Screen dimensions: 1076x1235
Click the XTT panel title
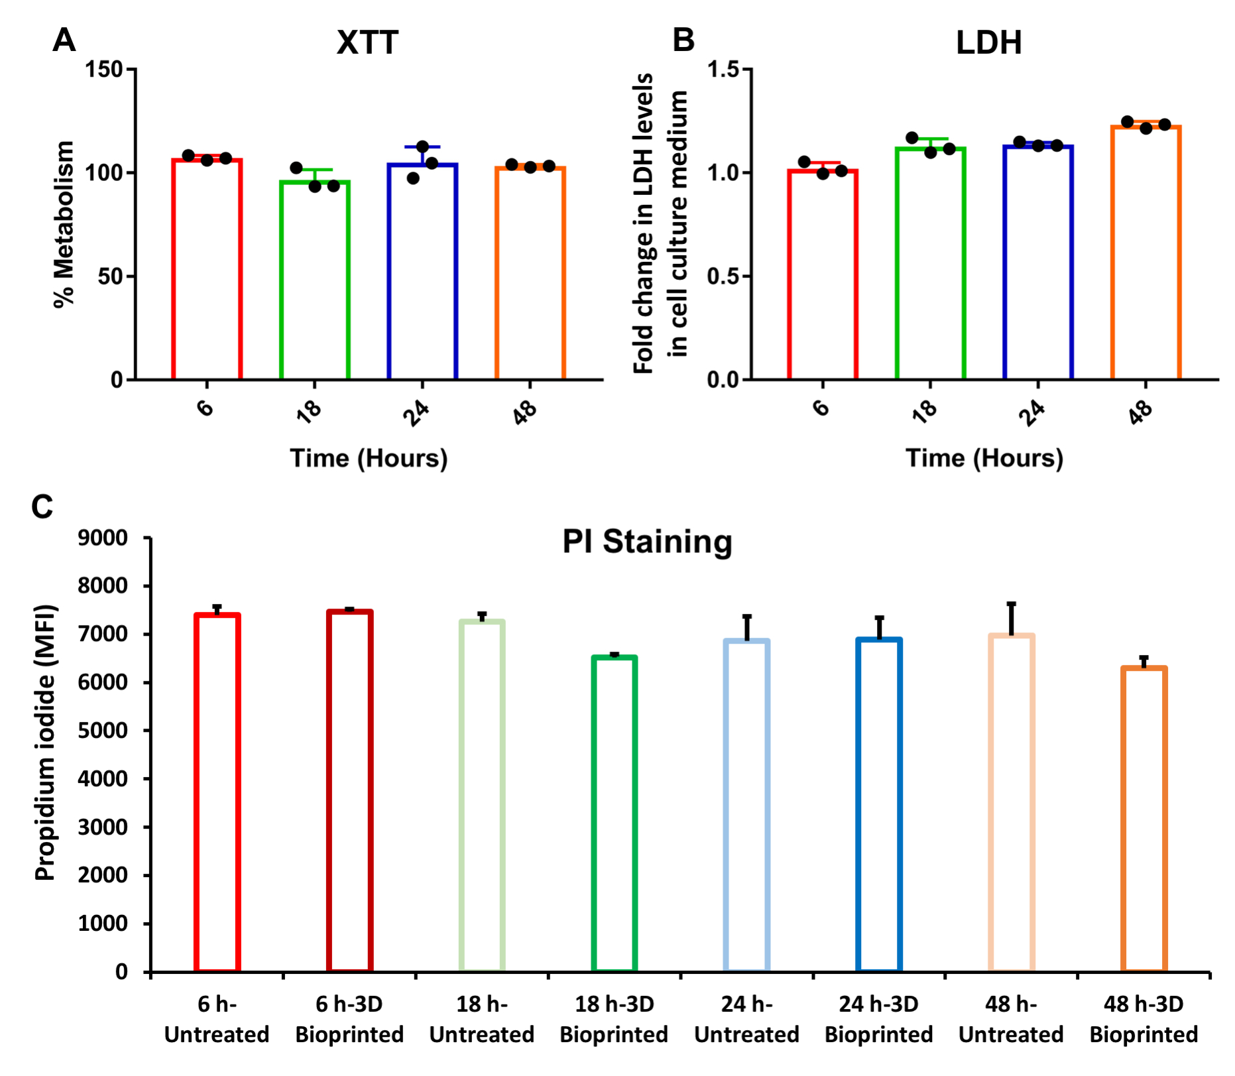coord(367,43)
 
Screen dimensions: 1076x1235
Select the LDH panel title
coord(988,43)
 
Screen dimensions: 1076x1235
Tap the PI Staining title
coord(647,542)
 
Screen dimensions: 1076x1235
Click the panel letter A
coord(64,40)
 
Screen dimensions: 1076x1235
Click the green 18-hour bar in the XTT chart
coord(314,278)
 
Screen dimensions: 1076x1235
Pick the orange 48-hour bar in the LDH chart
coord(1146,252)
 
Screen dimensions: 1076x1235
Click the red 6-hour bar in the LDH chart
coord(823,274)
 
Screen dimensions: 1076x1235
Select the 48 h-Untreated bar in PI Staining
coord(1011,802)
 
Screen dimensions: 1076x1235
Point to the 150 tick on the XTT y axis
coord(105,69)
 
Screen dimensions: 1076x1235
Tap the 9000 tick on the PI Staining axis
coord(103,538)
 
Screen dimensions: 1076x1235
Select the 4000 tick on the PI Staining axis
coord(103,779)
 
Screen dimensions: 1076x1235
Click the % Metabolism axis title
coord(64,224)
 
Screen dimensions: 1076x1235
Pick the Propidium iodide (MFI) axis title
coord(45,742)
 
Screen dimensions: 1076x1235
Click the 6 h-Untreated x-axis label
coord(217,1019)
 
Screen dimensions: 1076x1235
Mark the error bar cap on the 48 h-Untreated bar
coord(1011,604)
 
